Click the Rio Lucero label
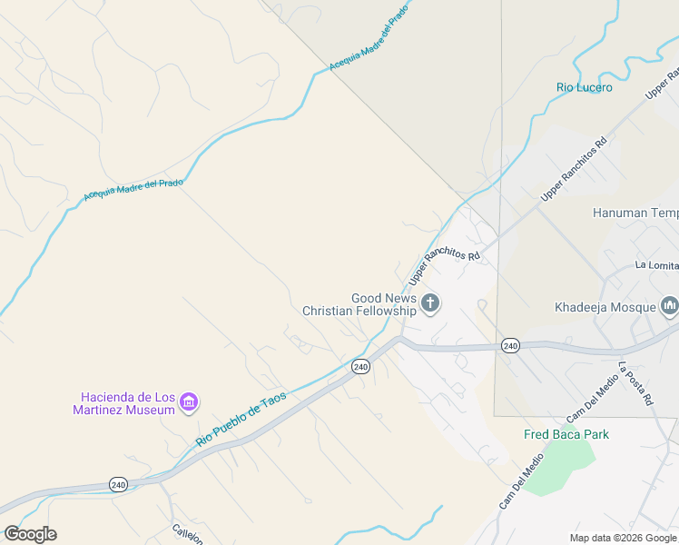pos(584,87)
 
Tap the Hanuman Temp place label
pos(635,213)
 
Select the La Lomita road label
pos(656,265)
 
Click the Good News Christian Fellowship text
pos(359,304)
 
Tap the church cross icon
pos(430,303)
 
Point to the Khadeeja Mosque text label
pos(605,306)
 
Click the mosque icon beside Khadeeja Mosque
pos(670,305)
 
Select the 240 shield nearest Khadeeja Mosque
pos(510,345)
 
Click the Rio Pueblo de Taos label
pos(241,419)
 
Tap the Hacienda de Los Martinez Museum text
pos(127,403)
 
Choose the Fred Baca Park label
pos(566,434)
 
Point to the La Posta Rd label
pos(635,383)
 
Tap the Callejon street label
pos(188,533)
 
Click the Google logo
pos(30,534)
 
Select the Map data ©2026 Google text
pos(624,538)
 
